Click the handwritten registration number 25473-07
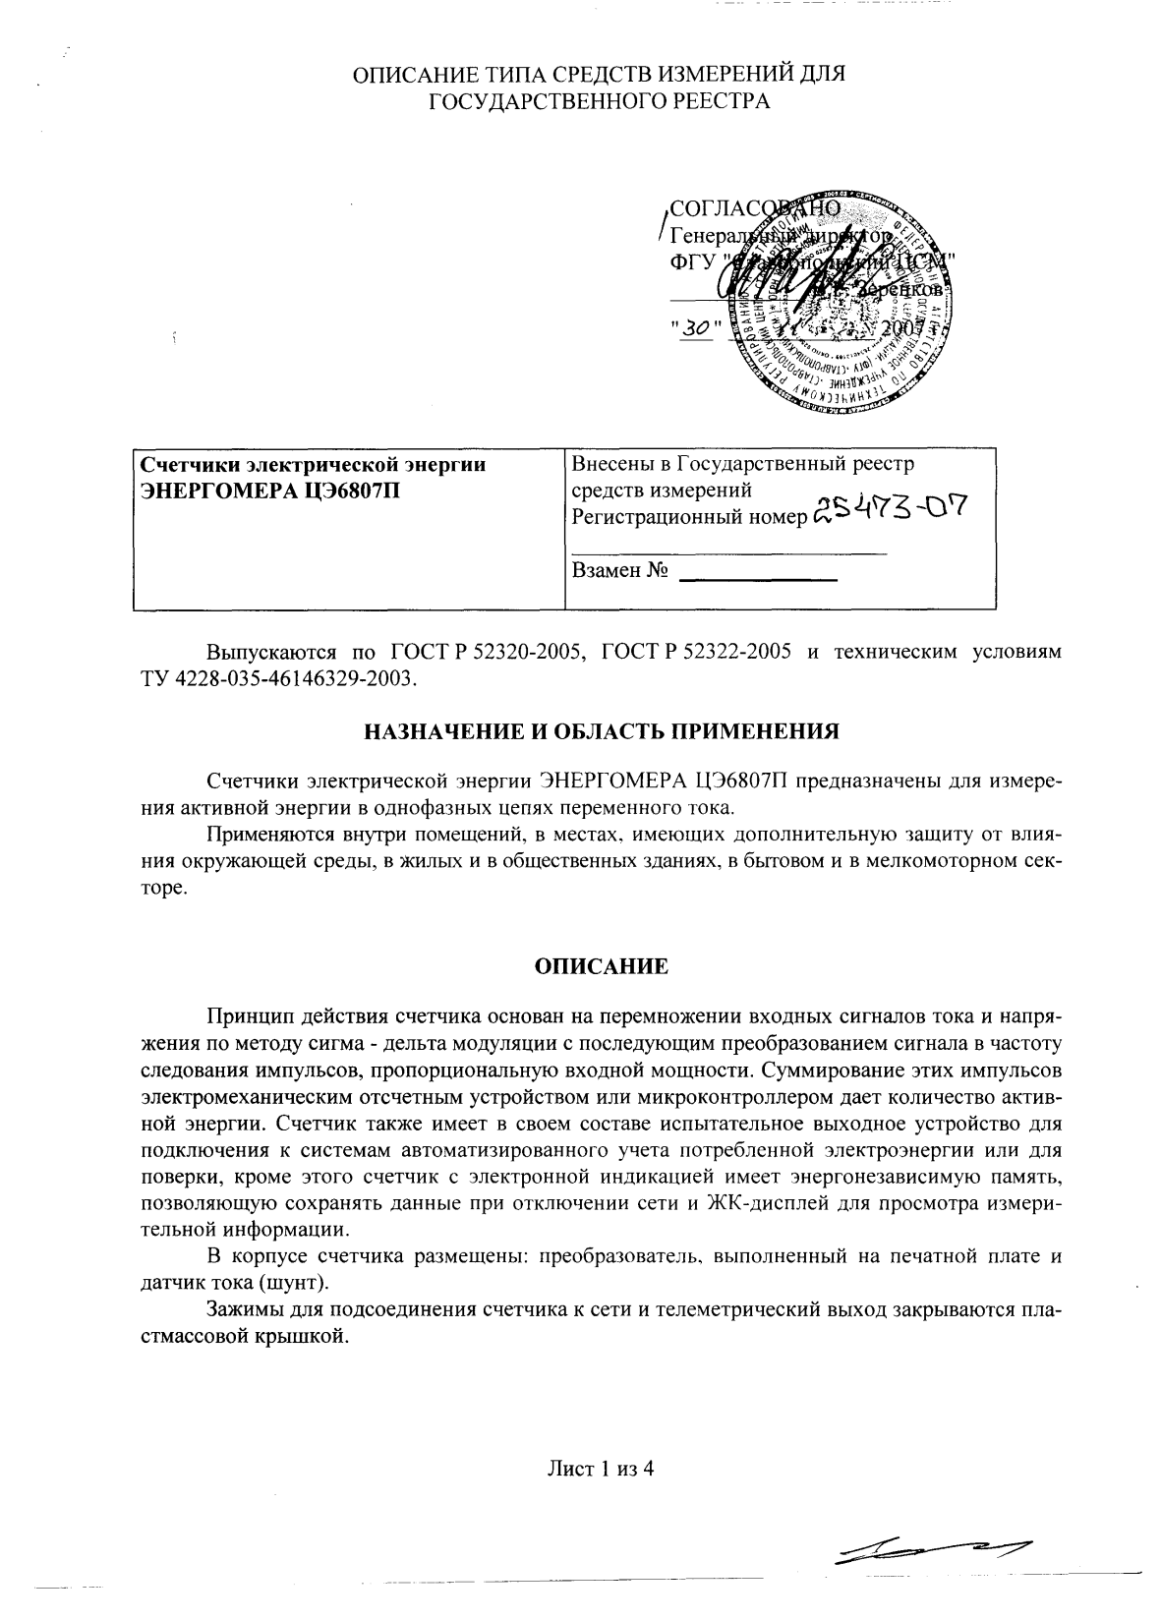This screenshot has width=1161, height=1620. coord(888,511)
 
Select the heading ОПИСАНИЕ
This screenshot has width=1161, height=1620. coord(601,966)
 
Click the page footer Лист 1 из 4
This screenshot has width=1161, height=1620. coord(601,1470)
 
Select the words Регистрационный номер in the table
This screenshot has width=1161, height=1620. coord(687,516)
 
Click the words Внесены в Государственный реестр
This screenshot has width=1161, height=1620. coord(742,464)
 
